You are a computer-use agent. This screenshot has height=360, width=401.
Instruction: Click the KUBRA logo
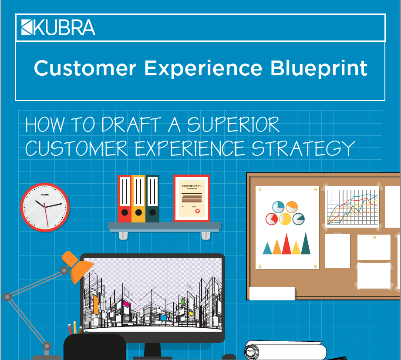pyautogui.click(x=58, y=27)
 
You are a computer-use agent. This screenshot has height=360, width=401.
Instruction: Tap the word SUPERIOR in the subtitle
pyautogui.click(x=233, y=125)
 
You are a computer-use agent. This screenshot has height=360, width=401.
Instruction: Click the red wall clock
pyautogui.click(x=45, y=207)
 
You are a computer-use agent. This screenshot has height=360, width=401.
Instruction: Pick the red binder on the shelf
pyautogui.click(x=125, y=199)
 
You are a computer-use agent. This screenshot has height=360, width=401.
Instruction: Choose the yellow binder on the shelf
pyautogui.click(x=138, y=199)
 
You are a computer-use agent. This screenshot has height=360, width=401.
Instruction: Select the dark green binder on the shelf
pyautogui.click(x=152, y=199)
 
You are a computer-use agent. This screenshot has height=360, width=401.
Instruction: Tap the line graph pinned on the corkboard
pyautogui.click(x=352, y=207)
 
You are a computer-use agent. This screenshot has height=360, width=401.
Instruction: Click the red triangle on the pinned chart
pyautogui.click(x=286, y=245)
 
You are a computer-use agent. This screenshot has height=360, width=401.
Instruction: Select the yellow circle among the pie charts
pyautogui.click(x=285, y=219)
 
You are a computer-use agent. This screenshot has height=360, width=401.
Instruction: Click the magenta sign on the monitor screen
pyautogui.click(x=127, y=303)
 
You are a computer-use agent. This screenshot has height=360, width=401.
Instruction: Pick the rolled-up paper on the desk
pyautogui.click(x=286, y=351)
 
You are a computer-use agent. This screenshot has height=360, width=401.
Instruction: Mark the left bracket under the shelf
pyautogui.click(x=123, y=235)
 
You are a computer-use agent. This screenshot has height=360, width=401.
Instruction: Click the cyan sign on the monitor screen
pyautogui.click(x=163, y=317)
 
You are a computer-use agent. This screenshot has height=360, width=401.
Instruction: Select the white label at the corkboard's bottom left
pyautogui.click(x=272, y=293)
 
